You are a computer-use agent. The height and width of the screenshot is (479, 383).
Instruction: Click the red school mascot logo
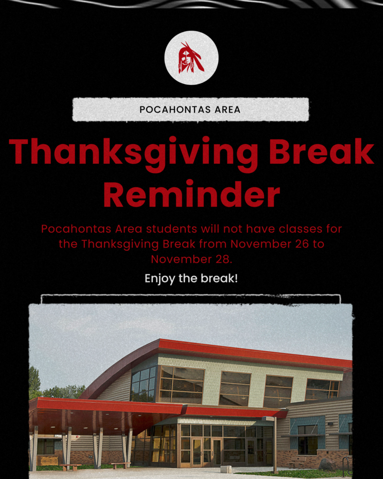(191, 58)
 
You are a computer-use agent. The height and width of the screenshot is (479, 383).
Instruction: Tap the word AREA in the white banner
(225, 110)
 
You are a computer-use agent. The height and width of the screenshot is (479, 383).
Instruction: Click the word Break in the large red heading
(322, 151)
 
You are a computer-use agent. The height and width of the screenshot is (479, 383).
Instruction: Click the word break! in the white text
(220, 279)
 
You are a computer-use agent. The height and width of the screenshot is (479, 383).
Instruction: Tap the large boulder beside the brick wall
(326, 464)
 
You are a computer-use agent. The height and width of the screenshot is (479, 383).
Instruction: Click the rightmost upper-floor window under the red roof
(322, 389)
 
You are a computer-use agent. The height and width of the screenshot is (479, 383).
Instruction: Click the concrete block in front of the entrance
(226, 469)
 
